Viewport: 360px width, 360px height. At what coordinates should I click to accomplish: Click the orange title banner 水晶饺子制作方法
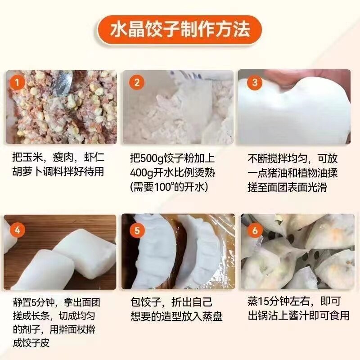[x=180, y=31]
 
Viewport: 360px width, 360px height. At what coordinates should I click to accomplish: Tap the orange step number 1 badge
[x=17, y=82]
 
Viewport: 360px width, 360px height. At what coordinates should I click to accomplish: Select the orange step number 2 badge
[x=136, y=82]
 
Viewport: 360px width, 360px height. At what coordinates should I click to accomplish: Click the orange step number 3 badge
[x=254, y=82]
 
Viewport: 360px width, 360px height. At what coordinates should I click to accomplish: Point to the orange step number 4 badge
[x=17, y=230]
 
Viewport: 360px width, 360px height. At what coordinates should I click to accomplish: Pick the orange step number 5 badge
[x=136, y=230]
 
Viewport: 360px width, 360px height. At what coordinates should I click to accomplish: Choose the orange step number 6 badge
[x=255, y=230]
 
